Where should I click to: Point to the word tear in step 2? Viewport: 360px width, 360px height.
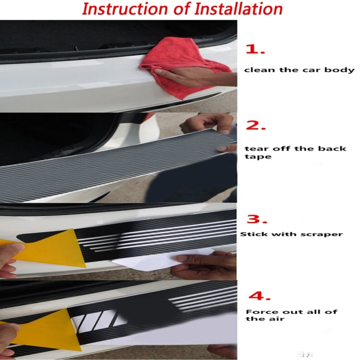click(x=254, y=148)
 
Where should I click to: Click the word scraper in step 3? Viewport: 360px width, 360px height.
click(x=326, y=234)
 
